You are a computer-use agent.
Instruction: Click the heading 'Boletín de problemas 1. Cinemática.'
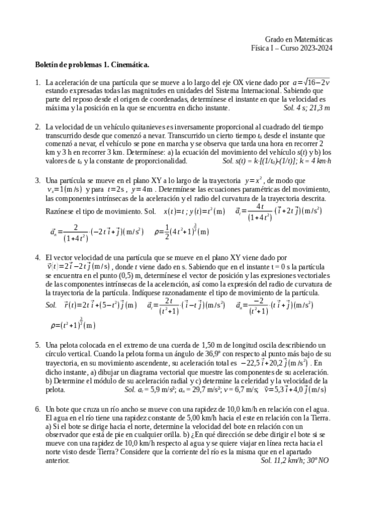tap(92, 64)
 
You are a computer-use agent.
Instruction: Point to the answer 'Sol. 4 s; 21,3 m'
tap(307, 108)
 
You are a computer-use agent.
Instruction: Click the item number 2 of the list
tap(38, 126)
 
